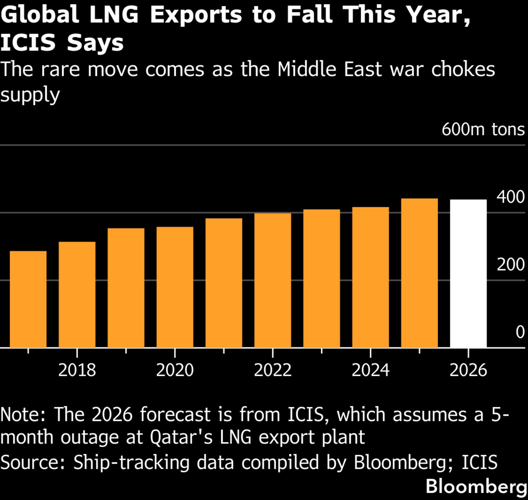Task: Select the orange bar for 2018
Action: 77,294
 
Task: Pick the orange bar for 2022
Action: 272,280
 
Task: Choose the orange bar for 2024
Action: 370,277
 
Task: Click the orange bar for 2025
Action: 419,273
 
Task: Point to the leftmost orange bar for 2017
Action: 28,299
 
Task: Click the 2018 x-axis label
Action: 77,370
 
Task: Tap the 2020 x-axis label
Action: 175,370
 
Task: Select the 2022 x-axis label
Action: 272,370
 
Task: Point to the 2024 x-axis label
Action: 370,370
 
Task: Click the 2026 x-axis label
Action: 468,370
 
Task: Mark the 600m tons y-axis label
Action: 483,129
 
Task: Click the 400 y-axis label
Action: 511,197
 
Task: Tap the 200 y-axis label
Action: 511,265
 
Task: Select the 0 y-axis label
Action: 520,332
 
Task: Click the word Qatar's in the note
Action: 181,437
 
